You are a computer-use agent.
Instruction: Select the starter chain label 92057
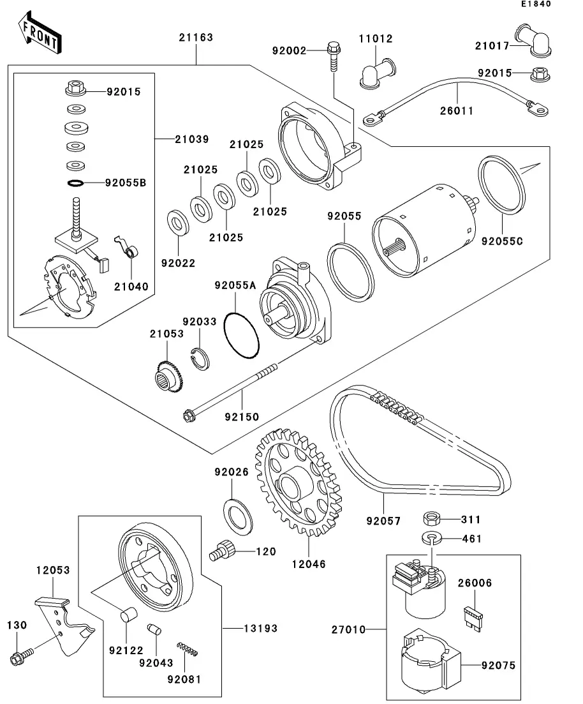(x=383, y=521)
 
